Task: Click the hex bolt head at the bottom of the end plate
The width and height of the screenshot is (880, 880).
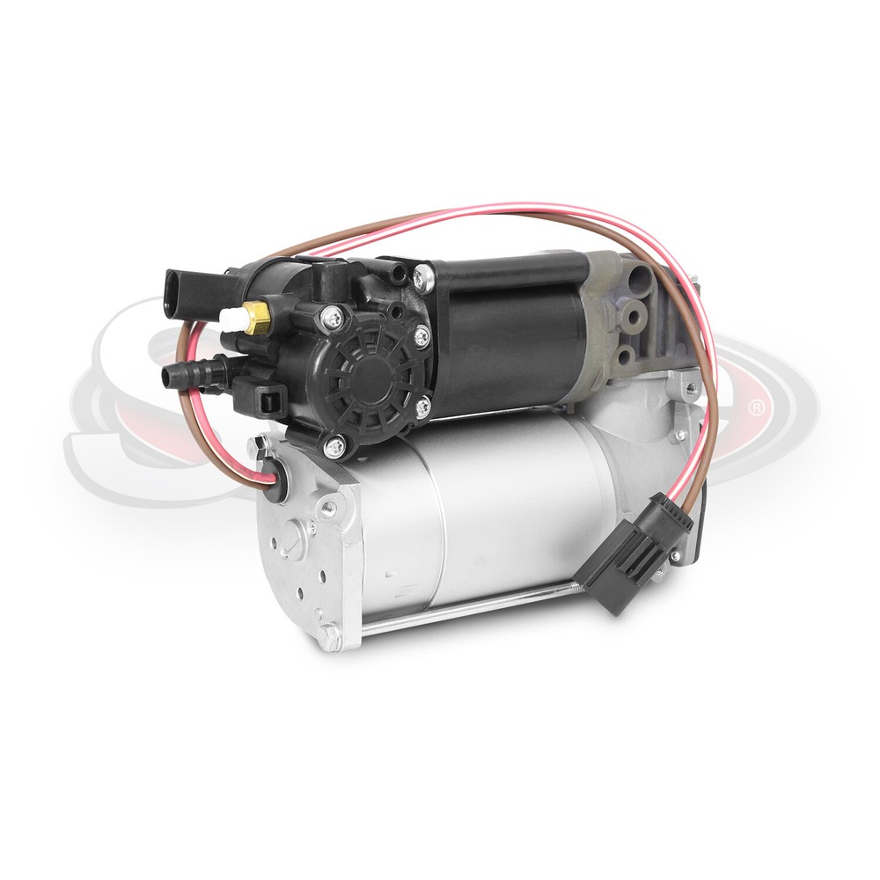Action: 329,633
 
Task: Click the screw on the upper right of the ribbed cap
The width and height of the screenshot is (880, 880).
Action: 422,336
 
